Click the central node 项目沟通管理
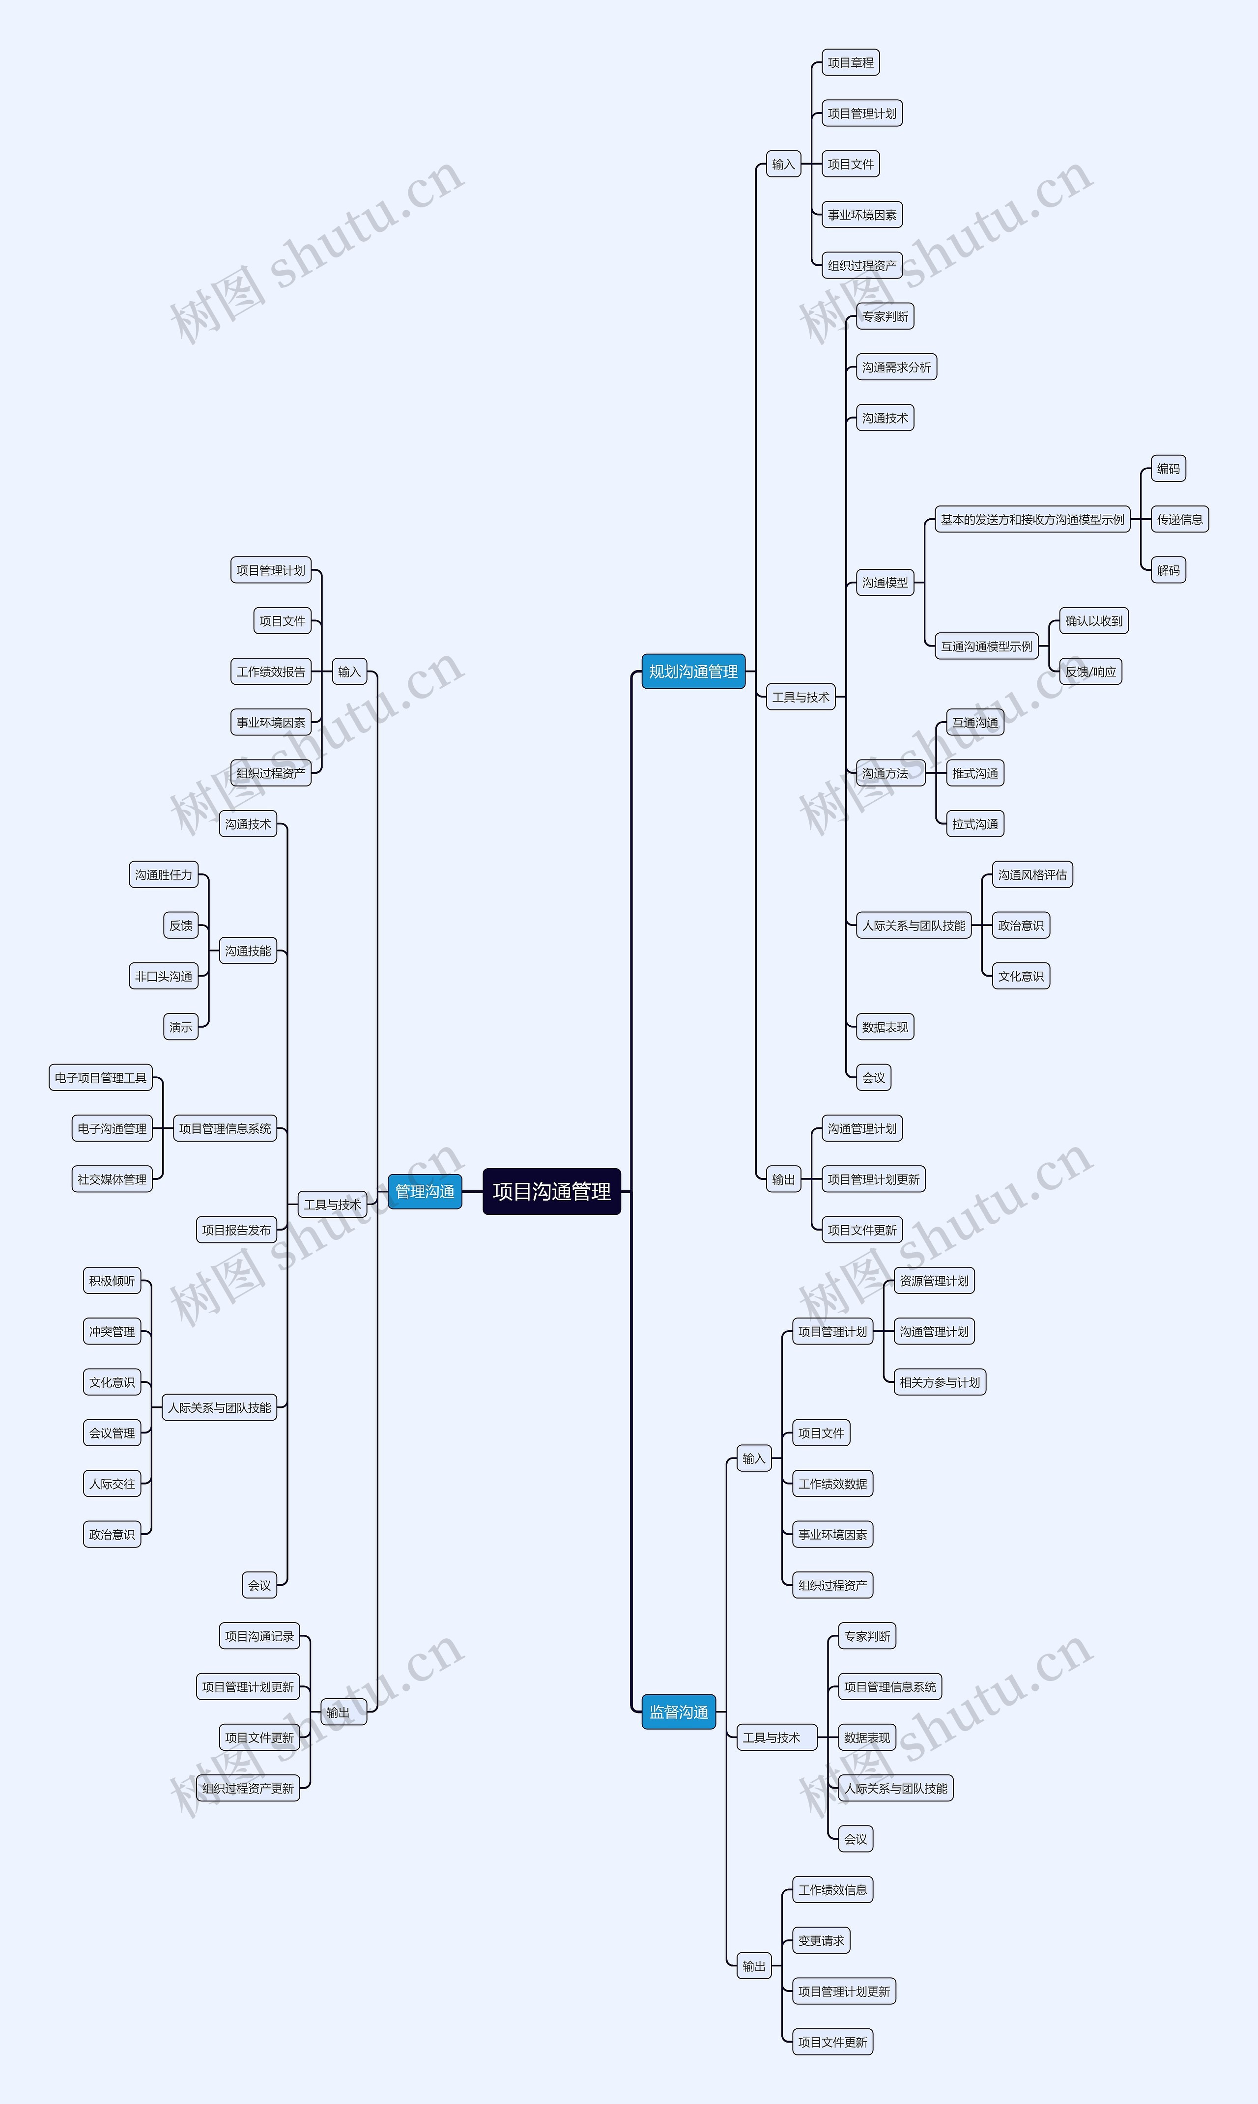coord(552,1191)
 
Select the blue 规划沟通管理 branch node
coord(693,672)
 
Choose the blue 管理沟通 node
coord(425,1191)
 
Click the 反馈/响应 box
coord(1091,672)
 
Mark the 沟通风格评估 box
coord(1032,874)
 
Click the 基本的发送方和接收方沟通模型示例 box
coord(1032,519)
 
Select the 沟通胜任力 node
coord(164,874)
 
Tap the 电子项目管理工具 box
coord(101,1078)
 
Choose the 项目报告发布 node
coord(236,1230)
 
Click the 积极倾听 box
coord(112,1280)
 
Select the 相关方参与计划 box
coord(940,1382)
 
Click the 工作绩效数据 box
coord(832,1484)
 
